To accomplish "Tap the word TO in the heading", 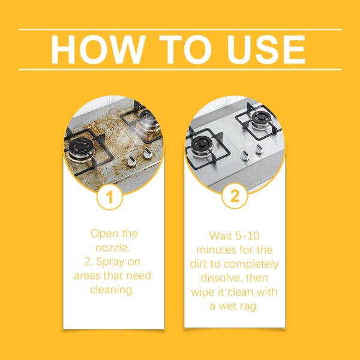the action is (x=185, y=50).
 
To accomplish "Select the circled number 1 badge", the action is (x=110, y=197).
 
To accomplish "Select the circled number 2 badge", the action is (x=235, y=196).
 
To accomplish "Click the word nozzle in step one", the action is (x=113, y=248).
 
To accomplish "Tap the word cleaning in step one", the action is (x=112, y=290).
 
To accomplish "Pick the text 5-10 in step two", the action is (x=248, y=236).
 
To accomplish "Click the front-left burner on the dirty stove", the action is (x=80, y=147).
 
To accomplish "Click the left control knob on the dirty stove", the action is (x=132, y=160).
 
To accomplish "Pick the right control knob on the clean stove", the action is (x=259, y=149).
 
